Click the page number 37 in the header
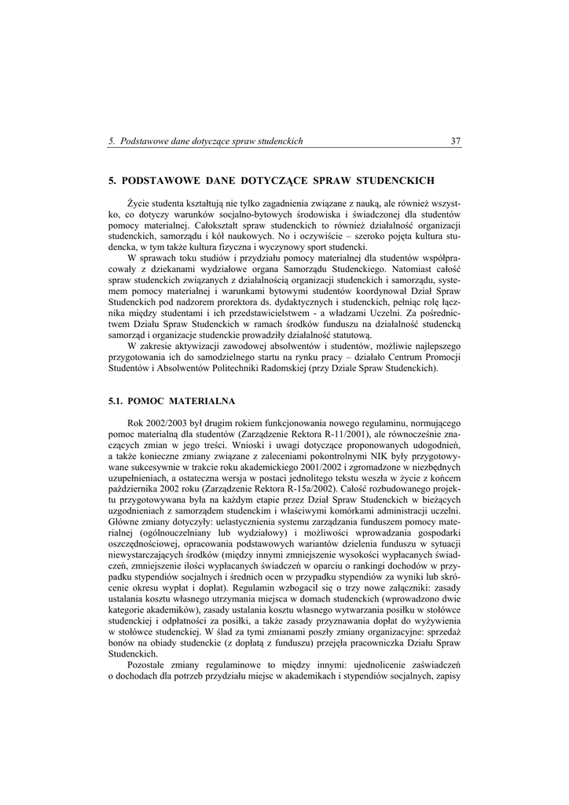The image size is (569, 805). (456, 142)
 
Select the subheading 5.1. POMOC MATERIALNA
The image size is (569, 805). (166, 401)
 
